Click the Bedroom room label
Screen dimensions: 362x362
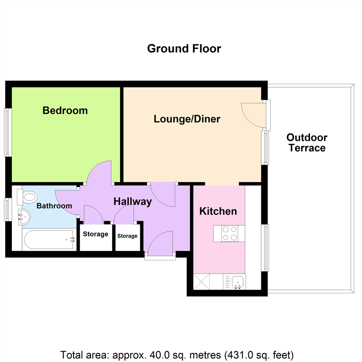(x=65, y=111)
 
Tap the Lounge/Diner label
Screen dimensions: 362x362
(x=187, y=119)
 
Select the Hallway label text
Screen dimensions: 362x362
(x=132, y=201)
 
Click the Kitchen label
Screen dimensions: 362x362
(x=218, y=211)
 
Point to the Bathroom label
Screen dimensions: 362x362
(x=54, y=206)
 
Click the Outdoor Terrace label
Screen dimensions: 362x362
(x=307, y=143)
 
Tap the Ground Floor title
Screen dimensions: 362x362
(x=184, y=49)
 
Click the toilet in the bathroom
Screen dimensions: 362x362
(x=27, y=197)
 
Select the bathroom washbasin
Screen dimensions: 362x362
(x=24, y=217)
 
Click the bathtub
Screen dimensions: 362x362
(x=49, y=239)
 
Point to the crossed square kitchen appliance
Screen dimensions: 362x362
(x=201, y=282)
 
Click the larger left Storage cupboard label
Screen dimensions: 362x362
(x=96, y=234)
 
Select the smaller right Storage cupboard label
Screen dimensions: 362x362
(x=127, y=236)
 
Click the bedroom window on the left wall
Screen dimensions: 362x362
(x=8, y=132)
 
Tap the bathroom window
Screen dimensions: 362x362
(x=8, y=209)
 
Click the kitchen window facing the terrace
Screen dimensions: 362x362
(x=265, y=248)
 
